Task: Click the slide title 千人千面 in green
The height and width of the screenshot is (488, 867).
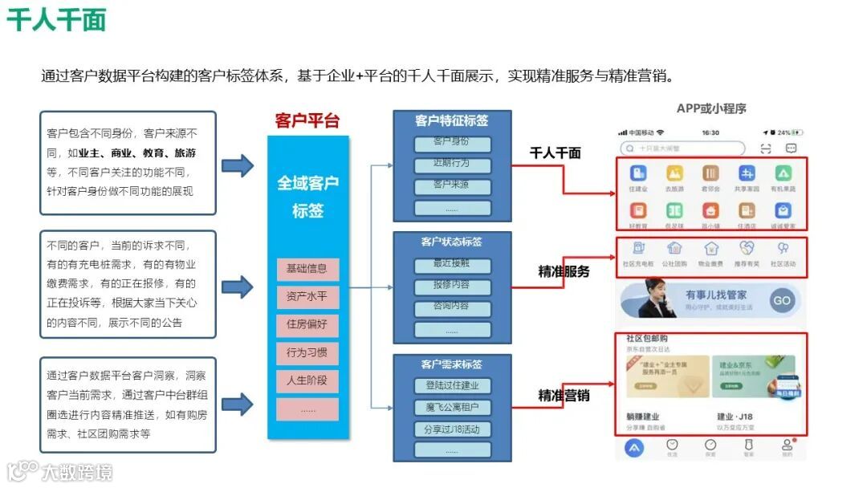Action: tap(56, 19)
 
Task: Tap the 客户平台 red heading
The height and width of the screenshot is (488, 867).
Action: tap(307, 120)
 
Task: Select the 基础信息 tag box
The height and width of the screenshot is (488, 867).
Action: tap(307, 269)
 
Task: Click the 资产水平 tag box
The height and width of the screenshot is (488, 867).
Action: tap(307, 297)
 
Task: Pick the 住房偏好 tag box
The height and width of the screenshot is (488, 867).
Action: tap(307, 325)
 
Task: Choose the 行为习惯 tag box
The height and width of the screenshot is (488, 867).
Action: tap(307, 353)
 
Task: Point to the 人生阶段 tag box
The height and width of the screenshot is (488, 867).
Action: tap(307, 381)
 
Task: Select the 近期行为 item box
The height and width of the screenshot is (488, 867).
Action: tap(452, 165)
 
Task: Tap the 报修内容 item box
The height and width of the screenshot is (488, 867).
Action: tap(452, 286)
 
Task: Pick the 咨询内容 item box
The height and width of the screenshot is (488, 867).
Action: tap(452, 307)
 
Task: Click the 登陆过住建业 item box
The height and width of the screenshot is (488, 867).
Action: tap(452, 386)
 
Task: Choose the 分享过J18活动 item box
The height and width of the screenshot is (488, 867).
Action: tap(452, 429)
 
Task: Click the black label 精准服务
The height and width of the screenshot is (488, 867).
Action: tap(564, 271)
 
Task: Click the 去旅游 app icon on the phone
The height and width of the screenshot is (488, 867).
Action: tap(674, 177)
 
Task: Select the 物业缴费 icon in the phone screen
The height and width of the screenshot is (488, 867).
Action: tap(710, 252)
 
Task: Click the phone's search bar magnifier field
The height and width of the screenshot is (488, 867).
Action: tap(682, 148)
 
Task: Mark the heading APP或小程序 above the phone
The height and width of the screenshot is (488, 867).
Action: tap(711, 108)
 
